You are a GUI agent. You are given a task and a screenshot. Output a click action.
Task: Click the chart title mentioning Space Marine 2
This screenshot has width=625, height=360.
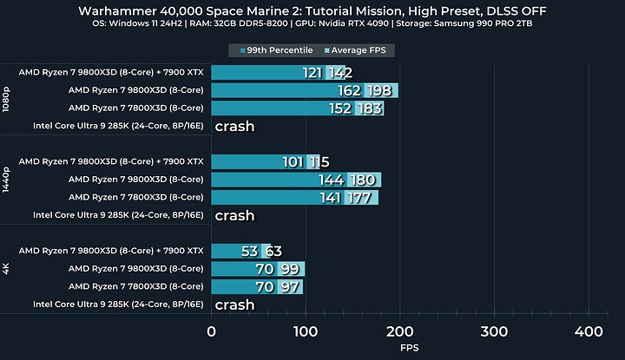click(x=312, y=10)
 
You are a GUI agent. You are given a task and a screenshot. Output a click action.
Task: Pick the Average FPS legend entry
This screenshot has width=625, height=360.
click(x=358, y=50)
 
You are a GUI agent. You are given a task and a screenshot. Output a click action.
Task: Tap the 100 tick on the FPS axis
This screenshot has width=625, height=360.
click(x=306, y=331)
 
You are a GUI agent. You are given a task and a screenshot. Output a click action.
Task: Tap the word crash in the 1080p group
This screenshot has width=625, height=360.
click(x=234, y=127)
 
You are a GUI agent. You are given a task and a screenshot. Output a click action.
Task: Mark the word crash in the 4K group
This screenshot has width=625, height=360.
click(x=234, y=304)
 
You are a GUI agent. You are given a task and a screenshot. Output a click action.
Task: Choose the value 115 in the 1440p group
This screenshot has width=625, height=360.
click(x=319, y=162)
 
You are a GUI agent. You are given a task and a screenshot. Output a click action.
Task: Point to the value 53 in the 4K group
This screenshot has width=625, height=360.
click(x=250, y=252)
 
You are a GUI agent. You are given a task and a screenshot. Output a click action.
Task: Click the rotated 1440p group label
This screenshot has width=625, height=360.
click(x=7, y=180)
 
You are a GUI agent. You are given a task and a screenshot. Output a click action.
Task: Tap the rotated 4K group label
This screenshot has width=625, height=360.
click(x=7, y=269)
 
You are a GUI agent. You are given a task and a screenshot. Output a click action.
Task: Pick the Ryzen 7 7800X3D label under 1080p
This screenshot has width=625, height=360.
click(x=135, y=108)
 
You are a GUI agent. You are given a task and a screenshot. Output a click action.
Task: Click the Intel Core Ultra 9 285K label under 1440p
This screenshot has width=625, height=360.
click(x=118, y=215)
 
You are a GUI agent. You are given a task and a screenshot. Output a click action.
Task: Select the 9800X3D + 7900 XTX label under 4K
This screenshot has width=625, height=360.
click(x=111, y=251)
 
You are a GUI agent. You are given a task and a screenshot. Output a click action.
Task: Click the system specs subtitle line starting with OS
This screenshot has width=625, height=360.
click(x=312, y=27)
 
